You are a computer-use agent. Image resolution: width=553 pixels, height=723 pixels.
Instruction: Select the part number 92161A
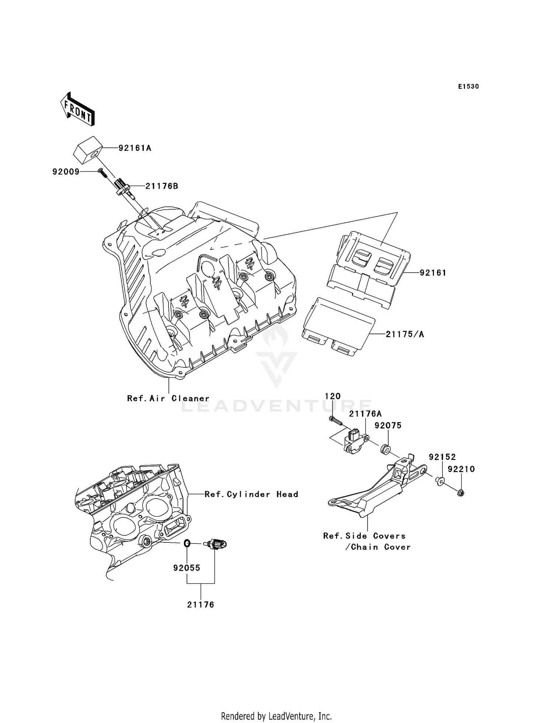(x=135, y=148)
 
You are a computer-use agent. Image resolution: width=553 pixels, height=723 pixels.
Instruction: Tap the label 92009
(x=66, y=172)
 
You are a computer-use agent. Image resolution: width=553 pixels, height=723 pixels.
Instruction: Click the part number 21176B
(x=161, y=186)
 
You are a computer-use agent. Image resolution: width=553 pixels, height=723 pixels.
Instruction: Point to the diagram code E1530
(x=468, y=87)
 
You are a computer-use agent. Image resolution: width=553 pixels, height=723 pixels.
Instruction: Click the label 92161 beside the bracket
(x=433, y=273)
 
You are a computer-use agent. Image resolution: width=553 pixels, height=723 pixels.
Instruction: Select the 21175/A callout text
(x=404, y=335)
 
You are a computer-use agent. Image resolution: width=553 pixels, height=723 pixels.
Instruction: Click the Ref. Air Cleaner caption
(x=168, y=399)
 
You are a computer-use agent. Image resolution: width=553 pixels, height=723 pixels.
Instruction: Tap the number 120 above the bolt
(x=333, y=396)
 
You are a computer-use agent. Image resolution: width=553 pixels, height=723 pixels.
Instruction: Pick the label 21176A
(x=365, y=414)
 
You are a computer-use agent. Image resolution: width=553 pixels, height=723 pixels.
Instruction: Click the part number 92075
(x=388, y=426)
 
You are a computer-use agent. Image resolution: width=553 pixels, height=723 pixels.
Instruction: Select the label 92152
(x=442, y=457)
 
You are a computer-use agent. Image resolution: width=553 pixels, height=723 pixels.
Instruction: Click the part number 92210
(x=461, y=469)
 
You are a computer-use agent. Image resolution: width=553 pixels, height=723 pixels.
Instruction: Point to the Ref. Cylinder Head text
(x=251, y=495)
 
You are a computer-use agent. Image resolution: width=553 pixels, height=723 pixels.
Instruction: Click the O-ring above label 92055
(x=187, y=543)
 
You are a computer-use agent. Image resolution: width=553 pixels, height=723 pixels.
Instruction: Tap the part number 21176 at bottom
(x=201, y=605)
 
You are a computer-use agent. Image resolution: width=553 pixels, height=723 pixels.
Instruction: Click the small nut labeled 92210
(x=460, y=492)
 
